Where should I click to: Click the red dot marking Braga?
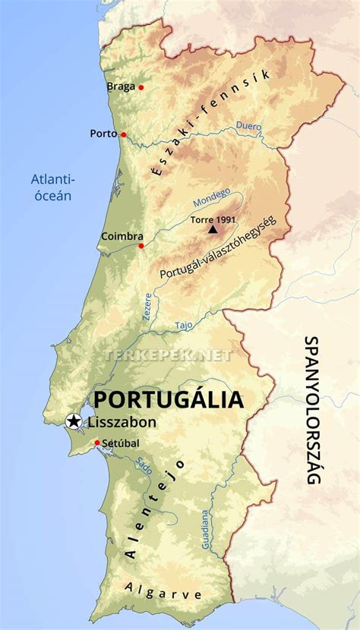[x=141, y=88]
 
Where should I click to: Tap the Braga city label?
[x=121, y=87]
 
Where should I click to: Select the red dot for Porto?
[x=123, y=134]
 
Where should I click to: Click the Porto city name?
[x=103, y=134]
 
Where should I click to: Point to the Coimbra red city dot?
[x=141, y=246]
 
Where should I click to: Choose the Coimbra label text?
[x=122, y=236]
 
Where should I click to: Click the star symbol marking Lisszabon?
[x=74, y=421]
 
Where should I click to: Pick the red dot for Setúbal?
[x=97, y=443]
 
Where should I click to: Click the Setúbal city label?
[x=122, y=443]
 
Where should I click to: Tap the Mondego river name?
[x=211, y=199]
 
